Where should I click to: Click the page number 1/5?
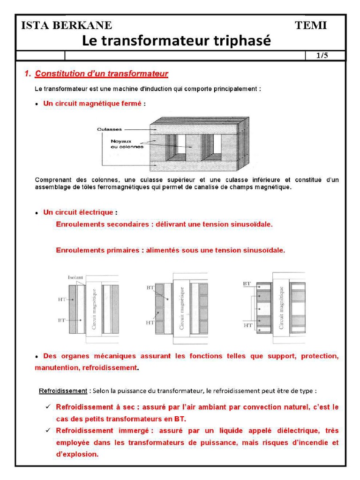point(322,56)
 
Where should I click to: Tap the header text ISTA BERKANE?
point(67,25)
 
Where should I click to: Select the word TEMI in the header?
point(311,25)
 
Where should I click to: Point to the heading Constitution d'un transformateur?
point(101,74)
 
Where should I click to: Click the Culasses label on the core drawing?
point(109,129)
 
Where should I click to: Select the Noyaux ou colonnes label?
point(127,143)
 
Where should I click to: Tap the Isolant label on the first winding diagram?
point(75,277)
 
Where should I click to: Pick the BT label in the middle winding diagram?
point(150,287)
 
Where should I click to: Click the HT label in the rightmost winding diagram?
point(248,325)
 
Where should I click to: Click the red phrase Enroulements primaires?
point(97,250)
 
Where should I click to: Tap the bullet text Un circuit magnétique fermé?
point(92,104)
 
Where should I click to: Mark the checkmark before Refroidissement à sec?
point(47,406)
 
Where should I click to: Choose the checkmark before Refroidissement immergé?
point(47,430)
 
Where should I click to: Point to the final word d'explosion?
point(77,454)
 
